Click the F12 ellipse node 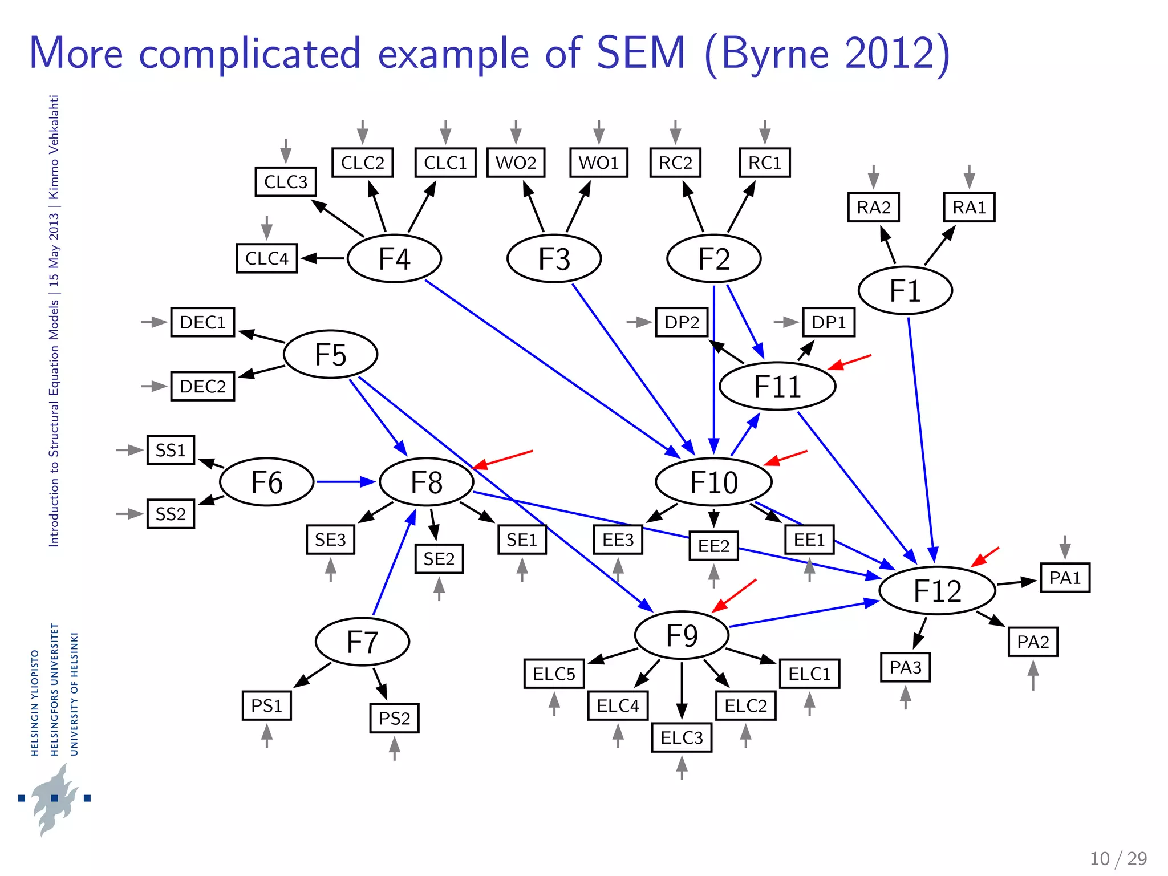pos(937,590)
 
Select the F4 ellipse pos(394,258)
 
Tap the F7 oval pos(362,642)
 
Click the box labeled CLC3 pos(286,182)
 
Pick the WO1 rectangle pos(598,163)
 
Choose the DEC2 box pos(202,386)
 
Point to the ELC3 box pos(682,737)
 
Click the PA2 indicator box pos(1033,642)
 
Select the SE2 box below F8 pos(439,558)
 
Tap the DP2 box pos(682,322)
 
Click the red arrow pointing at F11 pos(849,362)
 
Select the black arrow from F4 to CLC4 pos(323,258)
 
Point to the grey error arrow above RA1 pos(969,177)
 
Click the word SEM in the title pos(640,53)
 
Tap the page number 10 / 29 pos(1118,858)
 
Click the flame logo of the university pos(54,798)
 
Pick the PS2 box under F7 pos(394,718)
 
